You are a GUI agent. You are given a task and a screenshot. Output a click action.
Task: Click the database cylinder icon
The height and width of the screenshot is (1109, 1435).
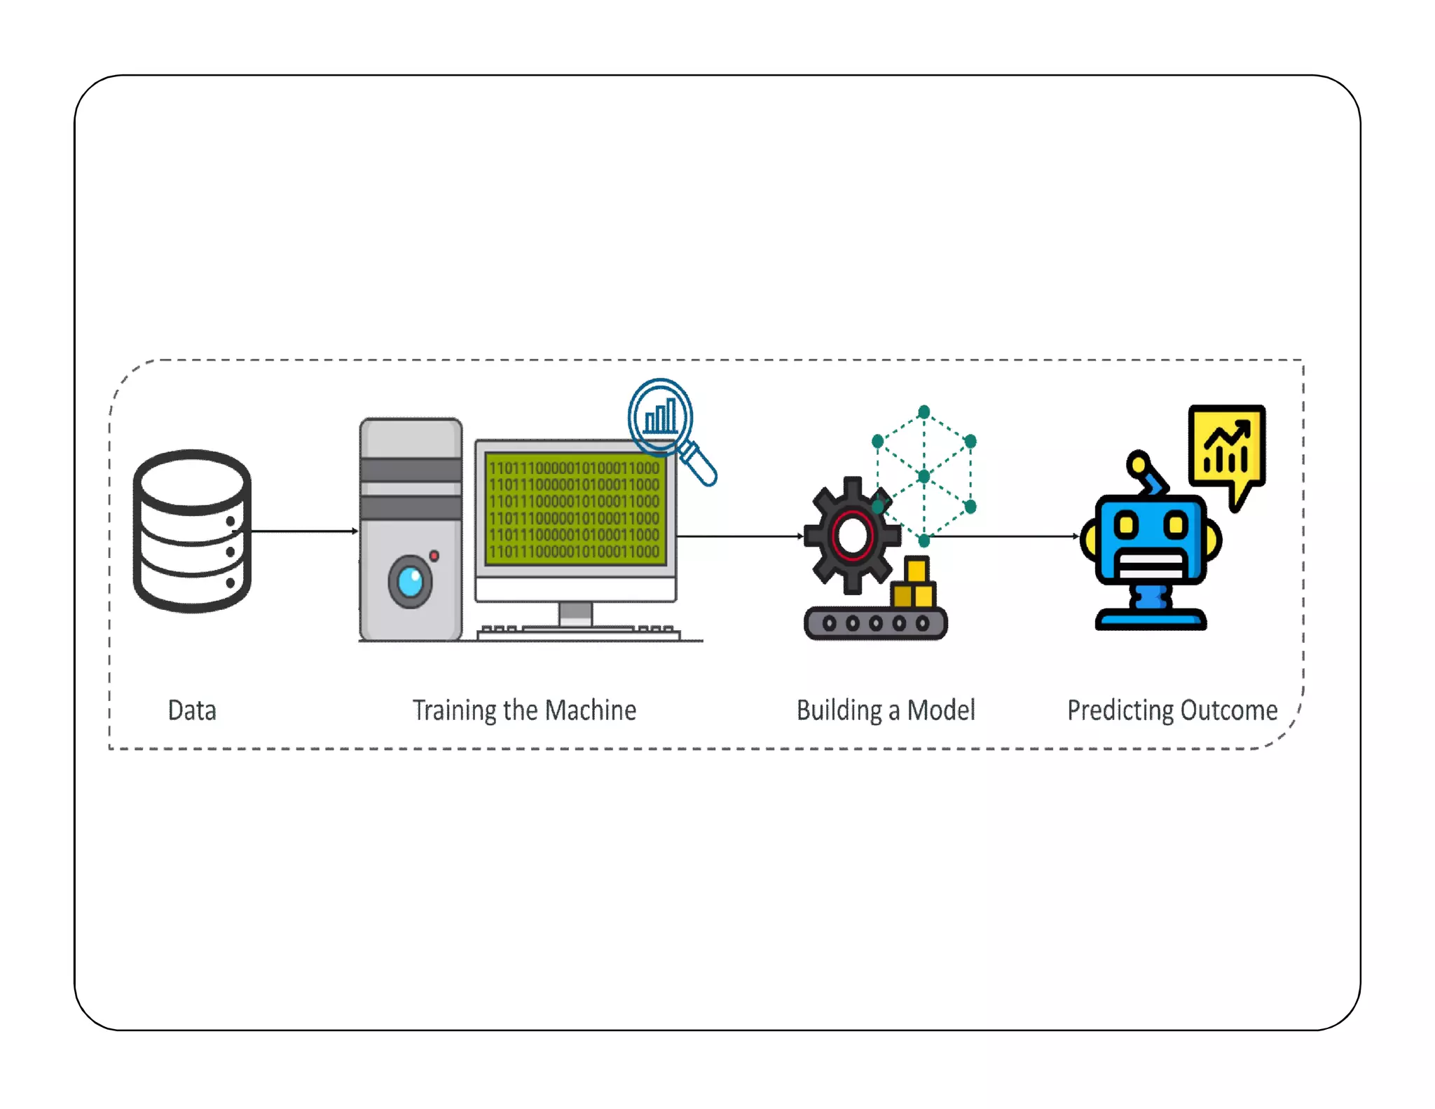[x=192, y=531]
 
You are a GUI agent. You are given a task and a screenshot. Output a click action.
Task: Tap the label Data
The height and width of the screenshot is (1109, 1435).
[x=192, y=710]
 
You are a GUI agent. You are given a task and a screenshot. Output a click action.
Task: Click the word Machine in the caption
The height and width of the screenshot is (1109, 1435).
[x=591, y=710]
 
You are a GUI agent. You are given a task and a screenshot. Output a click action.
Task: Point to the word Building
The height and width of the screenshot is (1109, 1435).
[x=839, y=711]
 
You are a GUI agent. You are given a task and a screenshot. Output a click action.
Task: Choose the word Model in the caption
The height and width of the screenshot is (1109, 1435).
[x=941, y=710]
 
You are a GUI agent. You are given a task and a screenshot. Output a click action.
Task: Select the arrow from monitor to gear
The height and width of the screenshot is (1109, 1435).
[x=739, y=536]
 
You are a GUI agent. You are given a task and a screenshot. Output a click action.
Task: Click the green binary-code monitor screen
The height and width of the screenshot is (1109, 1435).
[x=574, y=510]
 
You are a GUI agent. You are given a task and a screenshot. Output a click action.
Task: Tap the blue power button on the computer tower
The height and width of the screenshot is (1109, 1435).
[x=410, y=581]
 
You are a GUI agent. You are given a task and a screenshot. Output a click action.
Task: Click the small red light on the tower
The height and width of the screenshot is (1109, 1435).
[x=434, y=556]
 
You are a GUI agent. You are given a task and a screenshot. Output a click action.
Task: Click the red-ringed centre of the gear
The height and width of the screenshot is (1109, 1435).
[x=852, y=536]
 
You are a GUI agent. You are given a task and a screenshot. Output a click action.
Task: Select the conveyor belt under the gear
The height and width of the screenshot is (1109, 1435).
[x=876, y=623]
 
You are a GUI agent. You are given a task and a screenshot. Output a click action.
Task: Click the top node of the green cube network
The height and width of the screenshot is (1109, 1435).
[x=924, y=411]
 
